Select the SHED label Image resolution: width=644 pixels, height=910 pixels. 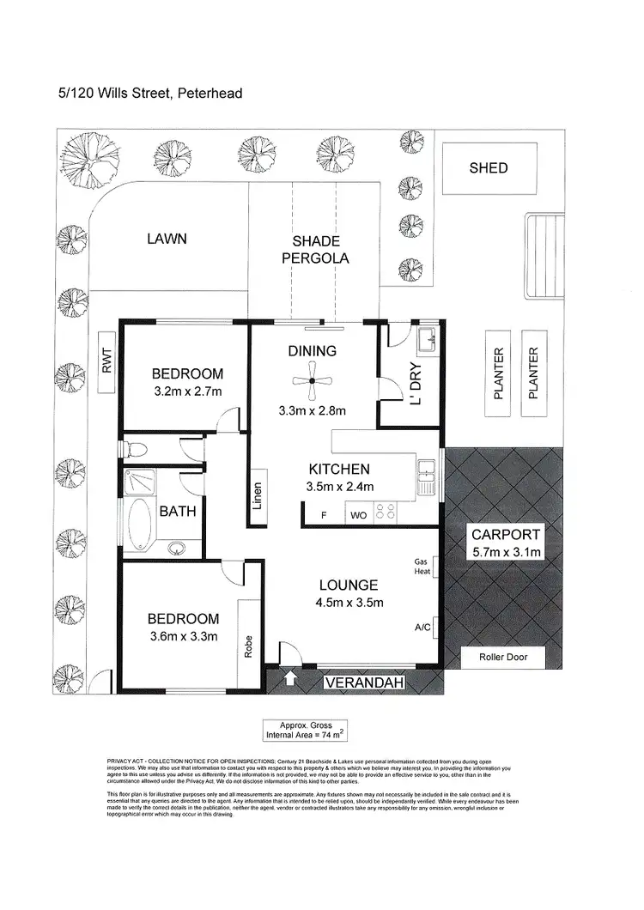point(488,168)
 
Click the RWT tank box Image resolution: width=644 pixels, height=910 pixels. point(106,362)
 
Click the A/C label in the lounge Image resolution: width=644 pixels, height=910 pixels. point(422,628)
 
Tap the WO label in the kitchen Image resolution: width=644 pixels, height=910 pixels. point(357,517)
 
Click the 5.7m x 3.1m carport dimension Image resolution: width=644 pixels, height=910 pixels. point(506,552)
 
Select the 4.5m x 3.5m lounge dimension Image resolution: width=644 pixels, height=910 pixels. point(349,602)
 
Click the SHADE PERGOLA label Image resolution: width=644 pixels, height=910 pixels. point(315,250)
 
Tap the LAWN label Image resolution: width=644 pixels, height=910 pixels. point(166,240)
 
